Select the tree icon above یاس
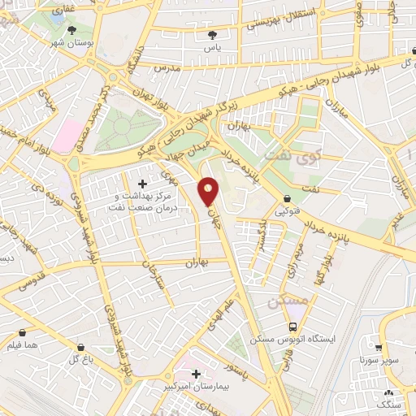213,35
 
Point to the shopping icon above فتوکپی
288,200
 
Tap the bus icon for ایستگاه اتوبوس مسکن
292,327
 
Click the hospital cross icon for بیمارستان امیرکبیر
196,374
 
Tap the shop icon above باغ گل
80,347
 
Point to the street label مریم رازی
292,263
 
